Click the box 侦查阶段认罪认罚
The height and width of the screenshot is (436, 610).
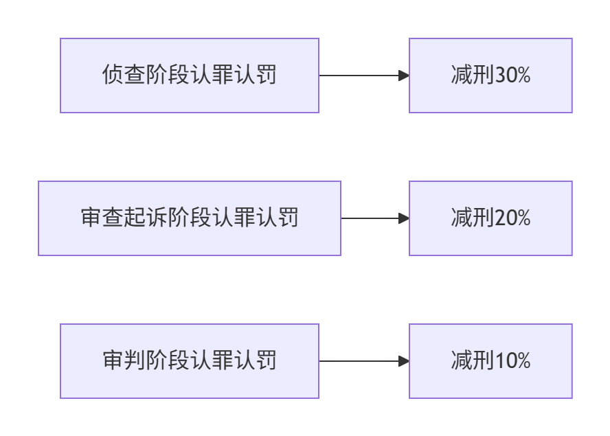pyautogui.click(x=190, y=76)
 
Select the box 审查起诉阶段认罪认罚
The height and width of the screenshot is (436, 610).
pyautogui.click(x=190, y=218)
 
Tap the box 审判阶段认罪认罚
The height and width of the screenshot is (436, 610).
pyautogui.click(x=190, y=361)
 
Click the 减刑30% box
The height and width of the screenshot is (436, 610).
pyautogui.click(x=490, y=76)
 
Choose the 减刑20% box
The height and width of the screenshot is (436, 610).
pyautogui.click(x=490, y=218)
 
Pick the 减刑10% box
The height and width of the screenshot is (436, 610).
pyautogui.click(x=490, y=361)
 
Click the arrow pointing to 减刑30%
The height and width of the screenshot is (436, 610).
pyautogui.click(x=364, y=76)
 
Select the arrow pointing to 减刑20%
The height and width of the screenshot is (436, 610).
pyautogui.click(x=375, y=218)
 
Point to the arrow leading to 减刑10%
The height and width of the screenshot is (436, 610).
pyautogui.click(x=364, y=361)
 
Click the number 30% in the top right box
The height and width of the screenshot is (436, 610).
pyautogui.click(x=512, y=75)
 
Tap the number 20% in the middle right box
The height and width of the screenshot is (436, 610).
pyautogui.click(x=512, y=218)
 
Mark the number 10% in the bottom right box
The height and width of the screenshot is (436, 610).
pyautogui.click(x=512, y=360)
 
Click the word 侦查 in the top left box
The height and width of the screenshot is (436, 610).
pyautogui.click(x=124, y=74)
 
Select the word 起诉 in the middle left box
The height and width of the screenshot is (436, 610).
pyautogui.click(x=146, y=217)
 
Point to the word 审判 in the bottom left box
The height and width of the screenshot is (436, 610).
pyautogui.click(x=124, y=360)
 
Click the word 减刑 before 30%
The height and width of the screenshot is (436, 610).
pyautogui.click(x=473, y=75)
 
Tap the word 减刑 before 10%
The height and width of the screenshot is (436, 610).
pyautogui.click(x=473, y=360)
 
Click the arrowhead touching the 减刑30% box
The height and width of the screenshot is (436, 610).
pyautogui.click(x=404, y=76)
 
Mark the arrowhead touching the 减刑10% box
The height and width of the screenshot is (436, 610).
pyautogui.click(x=404, y=361)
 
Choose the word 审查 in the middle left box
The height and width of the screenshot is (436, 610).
pyautogui.click(x=102, y=217)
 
